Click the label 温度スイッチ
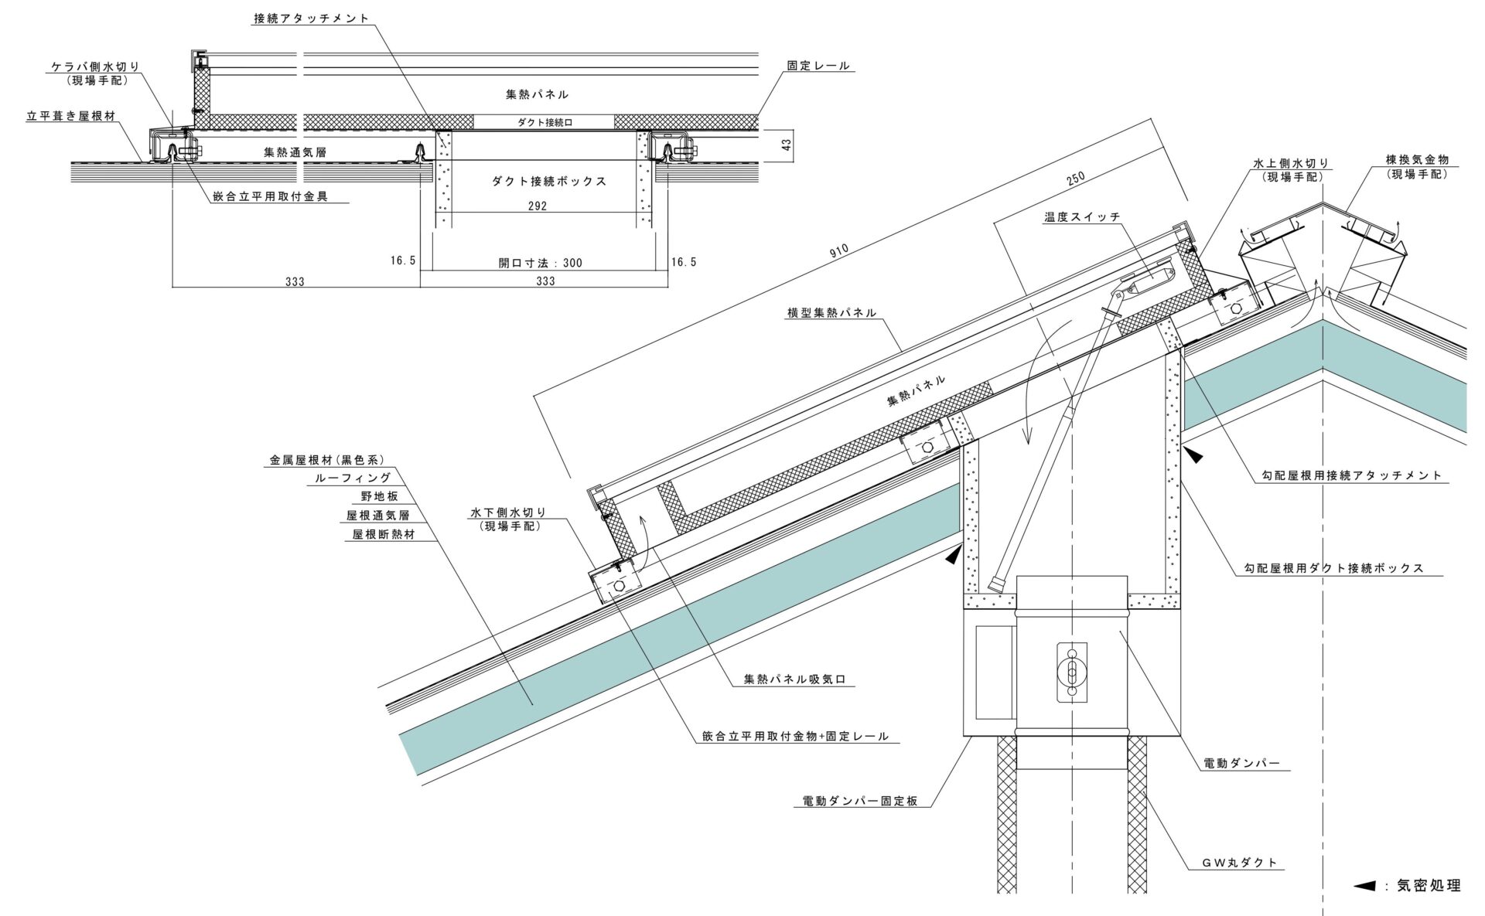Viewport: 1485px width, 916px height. [x=1082, y=217]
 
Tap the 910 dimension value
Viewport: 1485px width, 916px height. [x=838, y=249]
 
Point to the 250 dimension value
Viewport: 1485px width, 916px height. [x=1075, y=177]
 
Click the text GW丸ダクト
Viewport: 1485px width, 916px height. [x=1239, y=863]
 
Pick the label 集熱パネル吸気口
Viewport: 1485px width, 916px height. [x=795, y=679]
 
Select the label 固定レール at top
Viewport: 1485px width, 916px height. [x=818, y=66]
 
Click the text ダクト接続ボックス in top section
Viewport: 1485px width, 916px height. [x=549, y=181]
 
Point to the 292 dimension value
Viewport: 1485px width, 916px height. [x=537, y=206]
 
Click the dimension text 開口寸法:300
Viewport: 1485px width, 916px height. [x=541, y=263]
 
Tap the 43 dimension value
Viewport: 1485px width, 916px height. [x=786, y=145]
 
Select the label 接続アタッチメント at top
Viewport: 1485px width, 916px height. [x=311, y=19]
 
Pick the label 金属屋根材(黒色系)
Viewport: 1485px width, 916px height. [x=326, y=460]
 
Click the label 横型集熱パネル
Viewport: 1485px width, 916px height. [x=831, y=312]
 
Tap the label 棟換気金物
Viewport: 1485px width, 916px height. [x=1417, y=160]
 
